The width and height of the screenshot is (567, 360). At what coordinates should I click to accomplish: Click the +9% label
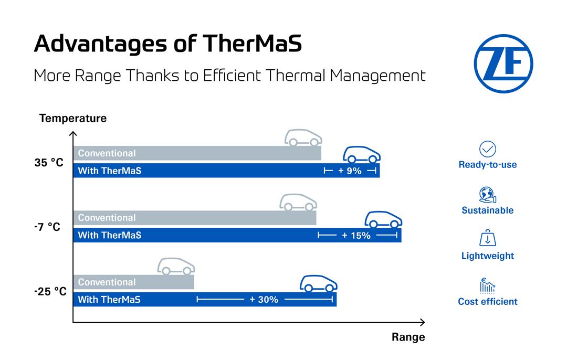350,171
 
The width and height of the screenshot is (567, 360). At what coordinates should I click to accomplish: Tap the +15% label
356,236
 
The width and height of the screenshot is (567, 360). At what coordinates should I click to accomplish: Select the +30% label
264,300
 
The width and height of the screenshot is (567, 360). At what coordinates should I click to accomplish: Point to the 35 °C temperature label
49,163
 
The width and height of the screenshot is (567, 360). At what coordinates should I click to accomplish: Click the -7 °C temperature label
47,227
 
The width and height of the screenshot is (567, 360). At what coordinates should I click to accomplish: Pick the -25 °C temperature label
50,291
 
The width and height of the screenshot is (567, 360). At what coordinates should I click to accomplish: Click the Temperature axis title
73,118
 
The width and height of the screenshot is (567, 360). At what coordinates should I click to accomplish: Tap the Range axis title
408,337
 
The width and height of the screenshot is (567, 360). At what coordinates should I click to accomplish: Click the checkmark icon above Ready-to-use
488,149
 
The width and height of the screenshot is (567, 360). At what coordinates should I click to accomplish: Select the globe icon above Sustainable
488,195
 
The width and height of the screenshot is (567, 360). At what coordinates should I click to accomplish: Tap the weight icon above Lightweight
488,239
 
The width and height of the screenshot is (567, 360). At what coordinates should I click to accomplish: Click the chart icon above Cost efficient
488,285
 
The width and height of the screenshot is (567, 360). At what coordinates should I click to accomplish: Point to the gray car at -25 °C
176,267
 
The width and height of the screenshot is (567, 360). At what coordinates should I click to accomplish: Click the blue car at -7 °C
383,219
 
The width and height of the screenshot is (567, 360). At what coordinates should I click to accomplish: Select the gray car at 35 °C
303,137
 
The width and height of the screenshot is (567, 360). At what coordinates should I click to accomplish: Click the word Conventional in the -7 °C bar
107,218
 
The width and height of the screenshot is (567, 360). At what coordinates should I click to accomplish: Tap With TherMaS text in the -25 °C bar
109,300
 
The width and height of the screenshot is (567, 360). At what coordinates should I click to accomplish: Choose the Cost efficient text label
488,302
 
